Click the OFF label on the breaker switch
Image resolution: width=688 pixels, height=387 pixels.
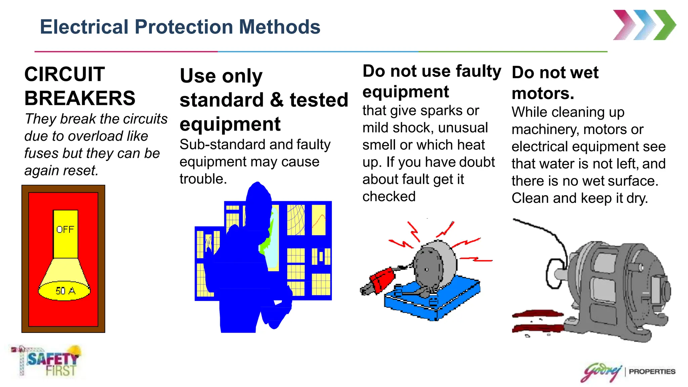(x=65, y=229)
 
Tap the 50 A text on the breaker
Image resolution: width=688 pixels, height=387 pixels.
(x=65, y=291)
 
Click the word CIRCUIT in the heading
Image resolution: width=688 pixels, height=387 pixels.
(x=64, y=74)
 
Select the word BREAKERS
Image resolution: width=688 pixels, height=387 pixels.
(x=80, y=98)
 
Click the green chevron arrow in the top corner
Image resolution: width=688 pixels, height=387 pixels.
(x=664, y=25)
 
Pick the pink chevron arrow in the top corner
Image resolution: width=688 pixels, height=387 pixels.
(x=624, y=25)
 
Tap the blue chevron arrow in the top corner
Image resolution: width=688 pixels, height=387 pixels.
(x=644, y=25)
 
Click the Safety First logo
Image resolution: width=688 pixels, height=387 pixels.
(x=47, y=361)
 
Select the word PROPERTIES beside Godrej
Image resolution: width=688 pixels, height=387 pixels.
(x=652, y=372)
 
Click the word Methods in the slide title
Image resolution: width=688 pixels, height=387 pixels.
(x=279, y=27)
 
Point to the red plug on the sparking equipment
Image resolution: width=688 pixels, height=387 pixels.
(x=382, y=279)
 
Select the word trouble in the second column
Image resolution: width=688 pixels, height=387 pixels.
(x=203, y=179)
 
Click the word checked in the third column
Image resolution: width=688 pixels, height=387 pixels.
(x=389, y=197)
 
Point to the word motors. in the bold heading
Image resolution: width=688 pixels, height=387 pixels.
(x=543, y=93)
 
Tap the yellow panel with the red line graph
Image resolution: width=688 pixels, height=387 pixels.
(x=319, y=220)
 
